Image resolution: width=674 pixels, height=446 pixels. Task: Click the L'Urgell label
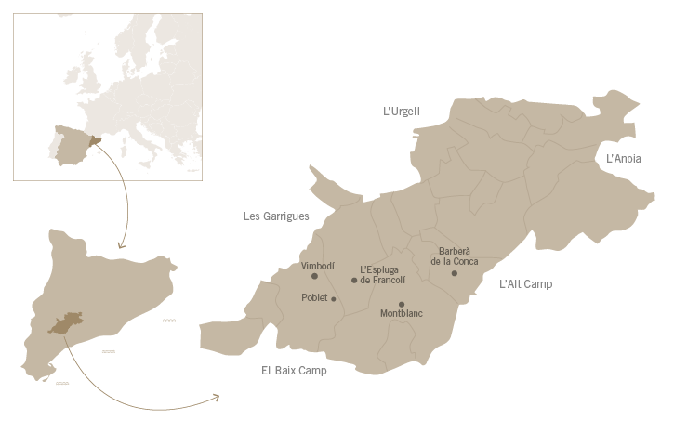pos(402,111)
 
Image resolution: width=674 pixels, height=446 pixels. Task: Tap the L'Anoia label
pos(624,159)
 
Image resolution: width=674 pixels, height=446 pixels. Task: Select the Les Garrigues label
pos(276,216)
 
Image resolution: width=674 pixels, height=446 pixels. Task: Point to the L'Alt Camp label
pos(525,283)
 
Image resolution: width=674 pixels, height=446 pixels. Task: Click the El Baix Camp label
pos(294,370)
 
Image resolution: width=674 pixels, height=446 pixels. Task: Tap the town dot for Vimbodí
pos(314,276)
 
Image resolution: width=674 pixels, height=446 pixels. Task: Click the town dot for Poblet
pos(334,298)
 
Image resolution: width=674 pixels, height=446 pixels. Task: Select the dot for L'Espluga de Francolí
pos(354,280)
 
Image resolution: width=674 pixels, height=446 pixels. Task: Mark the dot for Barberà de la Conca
pos(454,273)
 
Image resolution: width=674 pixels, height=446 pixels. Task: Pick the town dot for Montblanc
pos(402,304)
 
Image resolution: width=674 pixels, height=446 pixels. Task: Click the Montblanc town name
pos(402,314)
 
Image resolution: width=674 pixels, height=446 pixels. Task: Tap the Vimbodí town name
pos(318,266)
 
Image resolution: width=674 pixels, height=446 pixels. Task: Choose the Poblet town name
pos(315,298)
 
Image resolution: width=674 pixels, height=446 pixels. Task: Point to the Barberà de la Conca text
pos(455,256)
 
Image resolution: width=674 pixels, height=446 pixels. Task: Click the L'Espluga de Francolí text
pos(379,275)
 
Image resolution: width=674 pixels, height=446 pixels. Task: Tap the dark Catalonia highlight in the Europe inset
pos(93,143)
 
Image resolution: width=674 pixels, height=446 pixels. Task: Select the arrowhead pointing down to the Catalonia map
pos(120,245)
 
